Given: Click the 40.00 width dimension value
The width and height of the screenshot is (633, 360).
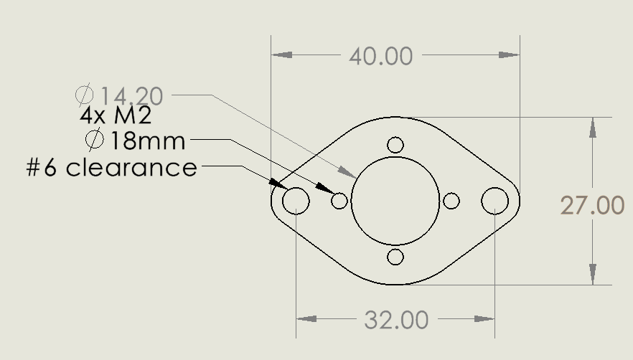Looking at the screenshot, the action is pos(380,56).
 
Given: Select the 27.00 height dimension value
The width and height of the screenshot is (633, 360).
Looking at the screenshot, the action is pos(592,205).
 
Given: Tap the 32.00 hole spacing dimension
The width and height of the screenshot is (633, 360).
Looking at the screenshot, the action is pos(396,320).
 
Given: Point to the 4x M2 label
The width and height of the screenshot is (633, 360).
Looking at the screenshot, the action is pos(116,115).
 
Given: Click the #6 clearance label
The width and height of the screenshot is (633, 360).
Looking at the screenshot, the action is pos(111,168).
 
